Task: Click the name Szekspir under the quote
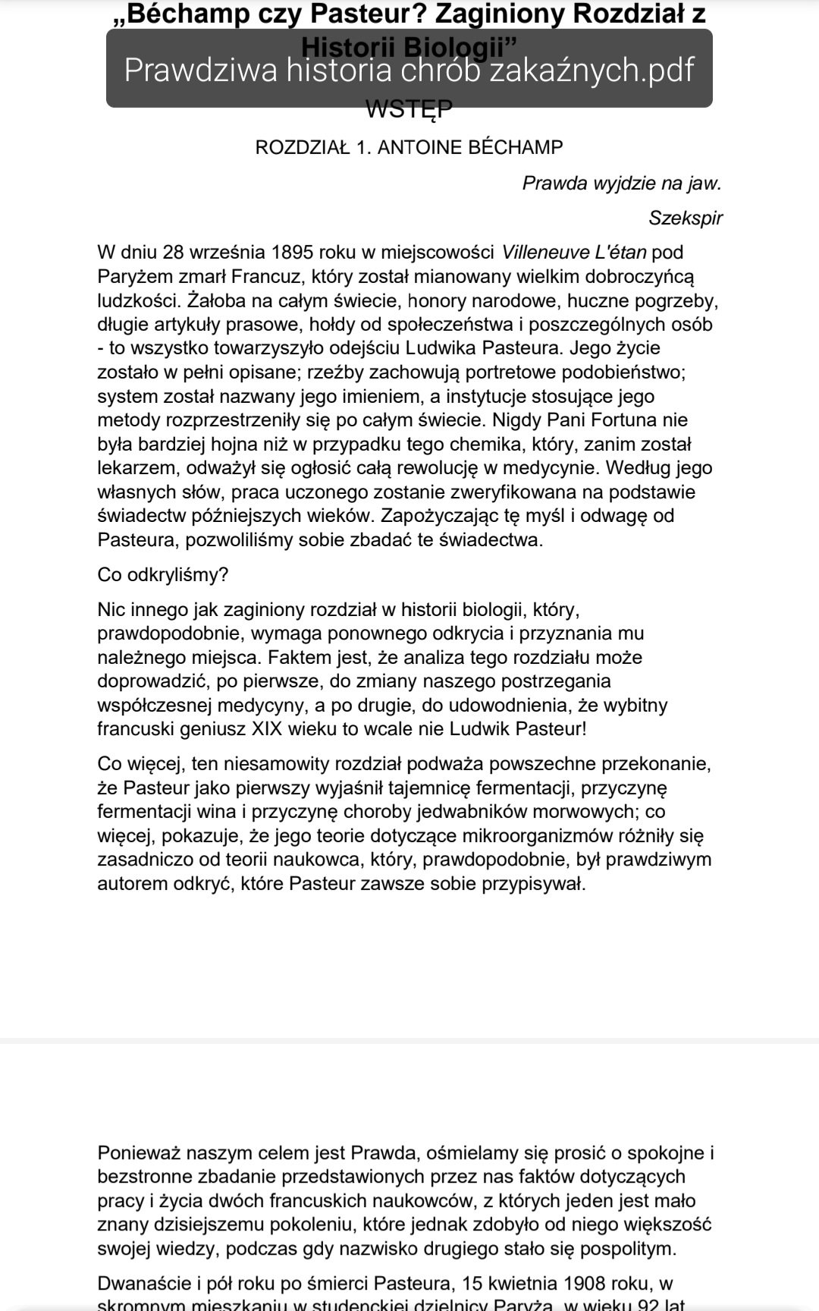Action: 685,218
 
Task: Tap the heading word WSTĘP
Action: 409,111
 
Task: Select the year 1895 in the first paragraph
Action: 292,252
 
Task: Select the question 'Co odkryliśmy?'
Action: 162,574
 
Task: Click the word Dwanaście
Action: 144,1284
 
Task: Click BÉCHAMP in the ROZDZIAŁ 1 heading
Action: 516,147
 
